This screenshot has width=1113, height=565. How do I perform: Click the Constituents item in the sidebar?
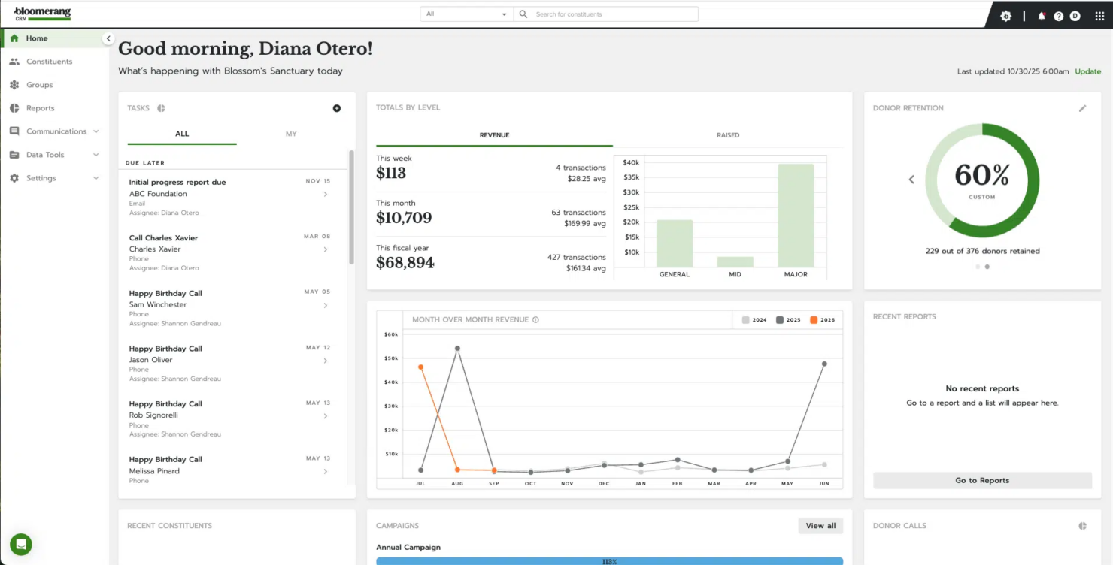49,62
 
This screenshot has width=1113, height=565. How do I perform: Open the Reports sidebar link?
40,108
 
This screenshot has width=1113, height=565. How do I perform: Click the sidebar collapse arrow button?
108,38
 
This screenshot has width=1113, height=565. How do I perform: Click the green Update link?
1087,71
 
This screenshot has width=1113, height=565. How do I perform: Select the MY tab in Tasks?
291,134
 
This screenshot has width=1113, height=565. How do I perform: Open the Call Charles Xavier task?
163,238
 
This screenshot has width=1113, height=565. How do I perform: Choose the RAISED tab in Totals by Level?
727,135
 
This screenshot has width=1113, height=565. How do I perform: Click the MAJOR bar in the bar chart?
796,216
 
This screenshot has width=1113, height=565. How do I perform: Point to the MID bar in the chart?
735,261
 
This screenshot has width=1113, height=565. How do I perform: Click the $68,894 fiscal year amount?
405,263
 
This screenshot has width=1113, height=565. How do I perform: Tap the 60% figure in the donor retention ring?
981,175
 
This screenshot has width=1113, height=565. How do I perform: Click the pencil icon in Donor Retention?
1082,108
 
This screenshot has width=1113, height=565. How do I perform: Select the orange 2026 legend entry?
822,320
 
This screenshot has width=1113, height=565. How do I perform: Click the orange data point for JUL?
420,367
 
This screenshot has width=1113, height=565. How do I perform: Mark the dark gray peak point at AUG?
457,349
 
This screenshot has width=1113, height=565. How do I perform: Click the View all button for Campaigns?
820,526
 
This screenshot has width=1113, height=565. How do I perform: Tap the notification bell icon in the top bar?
1042,16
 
